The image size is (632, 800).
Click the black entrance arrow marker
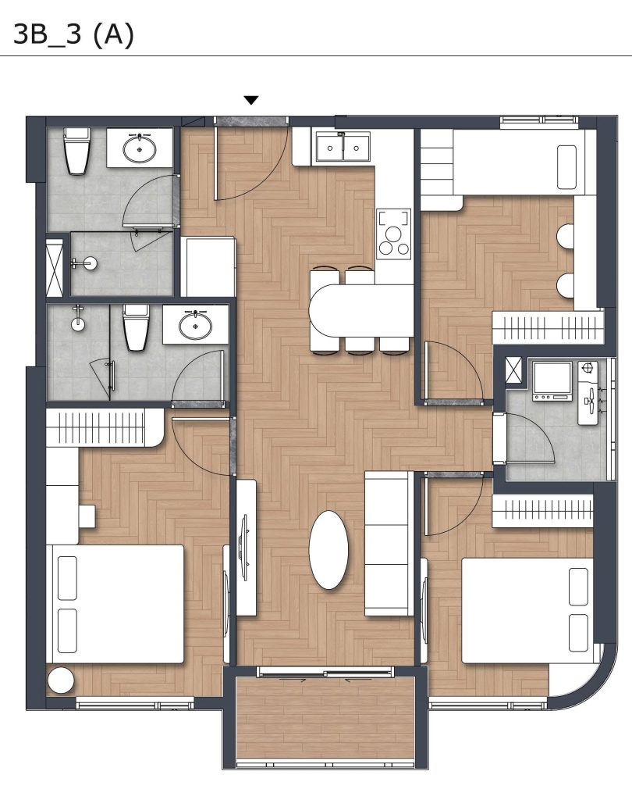pos(250,100)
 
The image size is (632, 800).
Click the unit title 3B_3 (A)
pos(73,34)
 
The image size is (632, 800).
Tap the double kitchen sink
pos(343,147)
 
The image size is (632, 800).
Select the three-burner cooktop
pos(393,234)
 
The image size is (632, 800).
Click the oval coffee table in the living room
pos(328,550)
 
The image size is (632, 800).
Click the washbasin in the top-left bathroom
pos(140,148)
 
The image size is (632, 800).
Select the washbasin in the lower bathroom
pos(195,325)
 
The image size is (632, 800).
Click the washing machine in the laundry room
pos(552,380)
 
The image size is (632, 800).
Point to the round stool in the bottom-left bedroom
pos(61,680)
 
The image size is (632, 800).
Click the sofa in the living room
pos(389,544)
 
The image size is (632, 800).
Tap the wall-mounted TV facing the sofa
pos(245,547)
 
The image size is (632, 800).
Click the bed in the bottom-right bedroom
pos(527,610)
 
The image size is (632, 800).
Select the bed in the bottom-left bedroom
pos(115,604)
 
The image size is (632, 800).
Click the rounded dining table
pos(362,311)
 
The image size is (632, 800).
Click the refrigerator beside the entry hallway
pos(208,266)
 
